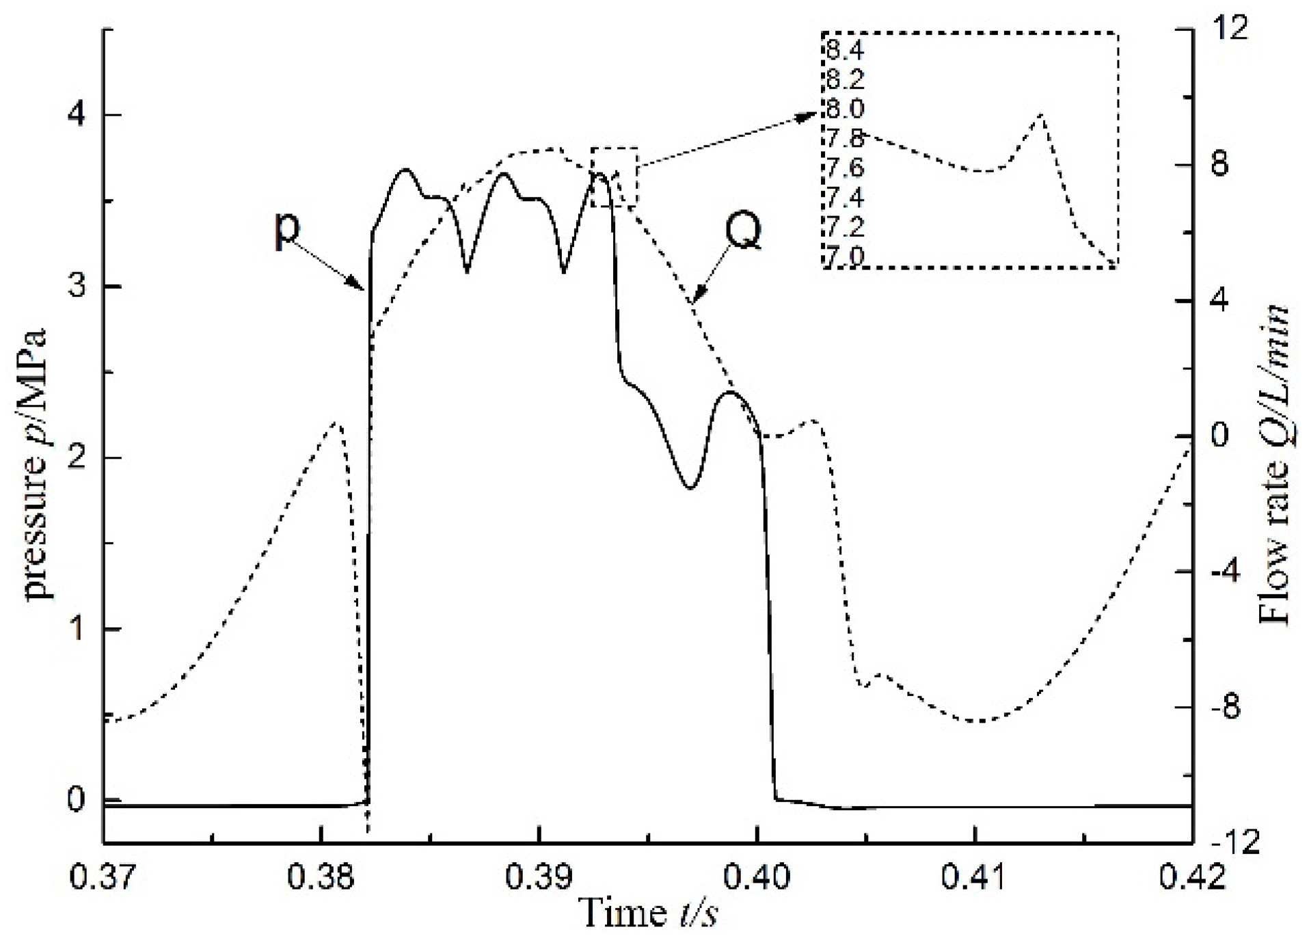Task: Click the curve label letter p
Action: [286, 230]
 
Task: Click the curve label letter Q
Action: [743, 232]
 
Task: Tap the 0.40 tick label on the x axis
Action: [756, 877]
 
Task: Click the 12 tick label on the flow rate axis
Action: [1228, 29]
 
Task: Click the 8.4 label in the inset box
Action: [845, 51]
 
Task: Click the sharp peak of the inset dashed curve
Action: [1040, 114]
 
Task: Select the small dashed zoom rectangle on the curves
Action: [614, 177]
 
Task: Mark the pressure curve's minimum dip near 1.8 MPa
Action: [690, 488]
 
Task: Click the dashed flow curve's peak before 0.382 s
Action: [336, 423]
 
